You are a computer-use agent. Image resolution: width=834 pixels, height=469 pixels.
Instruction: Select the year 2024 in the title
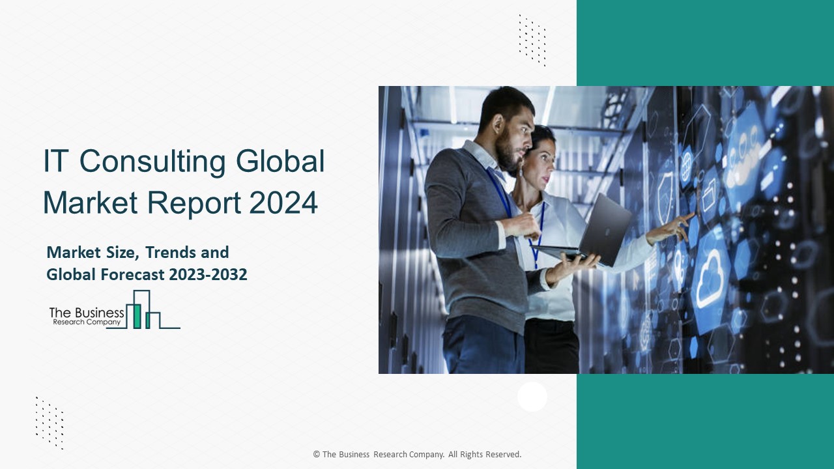283,203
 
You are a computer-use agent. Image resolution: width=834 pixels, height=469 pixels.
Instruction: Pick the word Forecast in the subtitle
134,275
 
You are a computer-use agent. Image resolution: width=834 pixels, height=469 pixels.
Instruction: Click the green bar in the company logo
137,316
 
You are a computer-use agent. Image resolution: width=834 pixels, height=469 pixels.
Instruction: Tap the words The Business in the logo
87,313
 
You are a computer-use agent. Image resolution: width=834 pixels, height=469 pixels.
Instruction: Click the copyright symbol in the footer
317,455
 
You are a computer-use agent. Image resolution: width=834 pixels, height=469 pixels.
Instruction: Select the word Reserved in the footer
502,455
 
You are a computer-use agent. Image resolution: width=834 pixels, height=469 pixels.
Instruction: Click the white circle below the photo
532,397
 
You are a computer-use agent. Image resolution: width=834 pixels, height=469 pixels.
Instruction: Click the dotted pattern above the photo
532,40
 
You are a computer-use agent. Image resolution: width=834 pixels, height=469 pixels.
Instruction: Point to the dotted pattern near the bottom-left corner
50,423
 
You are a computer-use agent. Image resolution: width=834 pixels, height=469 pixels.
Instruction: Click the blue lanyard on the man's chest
500,192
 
